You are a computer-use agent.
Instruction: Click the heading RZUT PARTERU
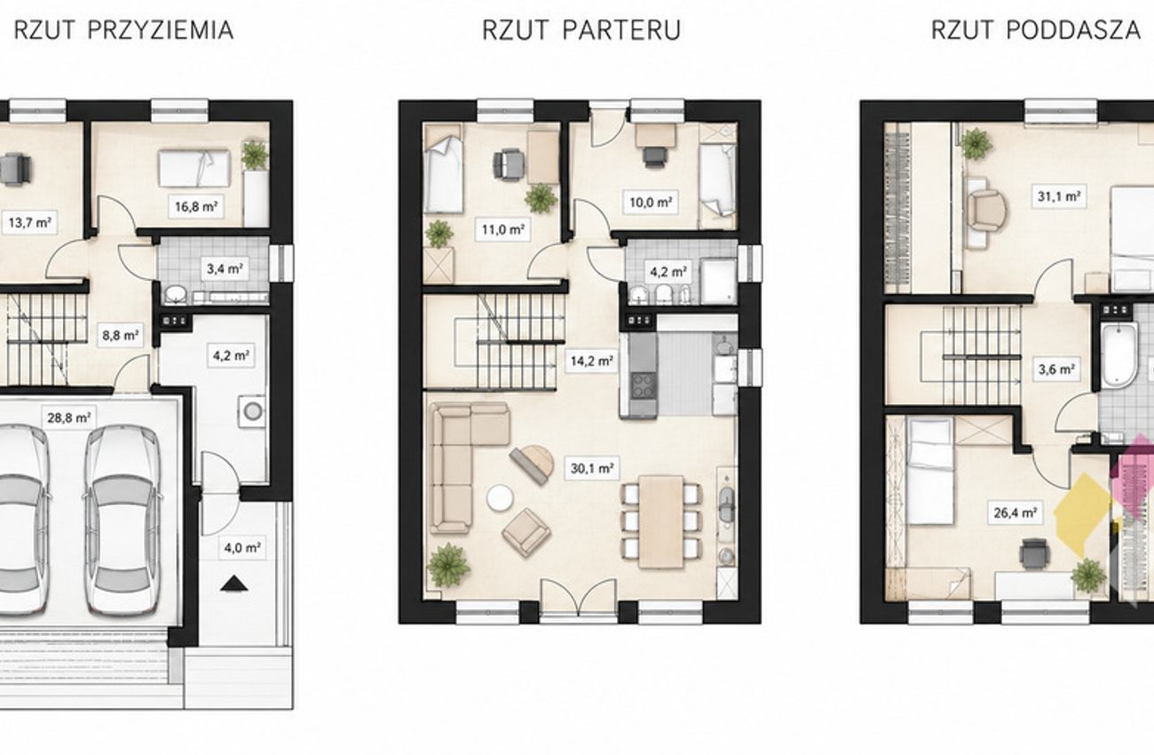point(581,30)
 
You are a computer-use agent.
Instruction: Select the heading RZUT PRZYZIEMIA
point(123,30)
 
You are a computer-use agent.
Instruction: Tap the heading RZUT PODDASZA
point(1036,30)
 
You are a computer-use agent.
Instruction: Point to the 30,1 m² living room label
point(592,468)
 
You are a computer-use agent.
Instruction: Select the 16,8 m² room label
point(196,207)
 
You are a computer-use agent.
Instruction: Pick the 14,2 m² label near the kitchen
point(591,361)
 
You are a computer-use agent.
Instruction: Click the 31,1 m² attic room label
point(1059,195)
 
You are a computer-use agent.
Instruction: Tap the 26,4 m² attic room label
point(1015,513)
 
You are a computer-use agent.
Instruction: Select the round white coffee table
point(500,498)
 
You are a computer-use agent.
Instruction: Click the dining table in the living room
point(661,521)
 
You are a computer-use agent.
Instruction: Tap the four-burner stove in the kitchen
point(644,385)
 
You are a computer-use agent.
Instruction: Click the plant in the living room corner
point(448,565)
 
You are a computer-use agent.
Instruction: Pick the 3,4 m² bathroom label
point(225,268)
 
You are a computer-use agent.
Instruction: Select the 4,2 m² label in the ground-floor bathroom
point(668,272)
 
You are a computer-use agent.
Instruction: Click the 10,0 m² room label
point(651,202)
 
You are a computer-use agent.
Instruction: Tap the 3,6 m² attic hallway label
point(1056,369)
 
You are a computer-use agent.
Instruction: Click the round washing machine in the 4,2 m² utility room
point(252,411)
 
